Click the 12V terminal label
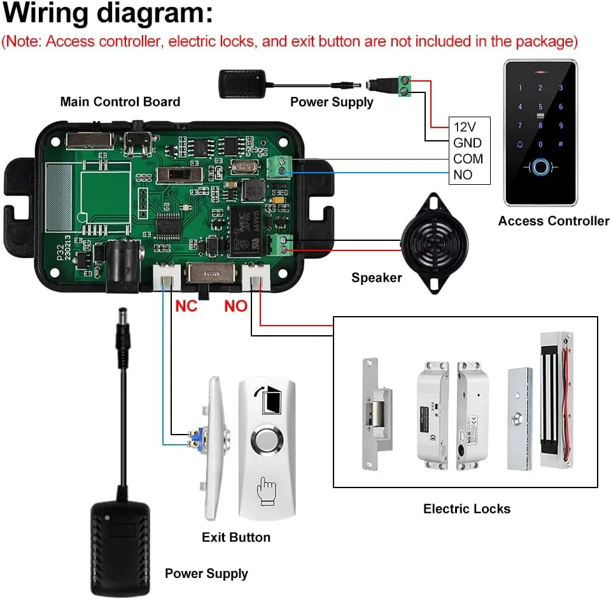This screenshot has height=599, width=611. coord(464,126)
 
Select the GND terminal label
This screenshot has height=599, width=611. coord(467,142)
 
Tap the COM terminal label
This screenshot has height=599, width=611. coord(468,158)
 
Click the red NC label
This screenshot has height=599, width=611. coord(186,306)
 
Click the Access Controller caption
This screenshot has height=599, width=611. coord(553,221)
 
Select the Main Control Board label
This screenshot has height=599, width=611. coord(120,101)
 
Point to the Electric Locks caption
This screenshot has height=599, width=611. coord(467,509)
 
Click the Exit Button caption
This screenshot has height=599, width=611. coord(235,537)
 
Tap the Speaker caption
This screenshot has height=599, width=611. coord(377,277)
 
